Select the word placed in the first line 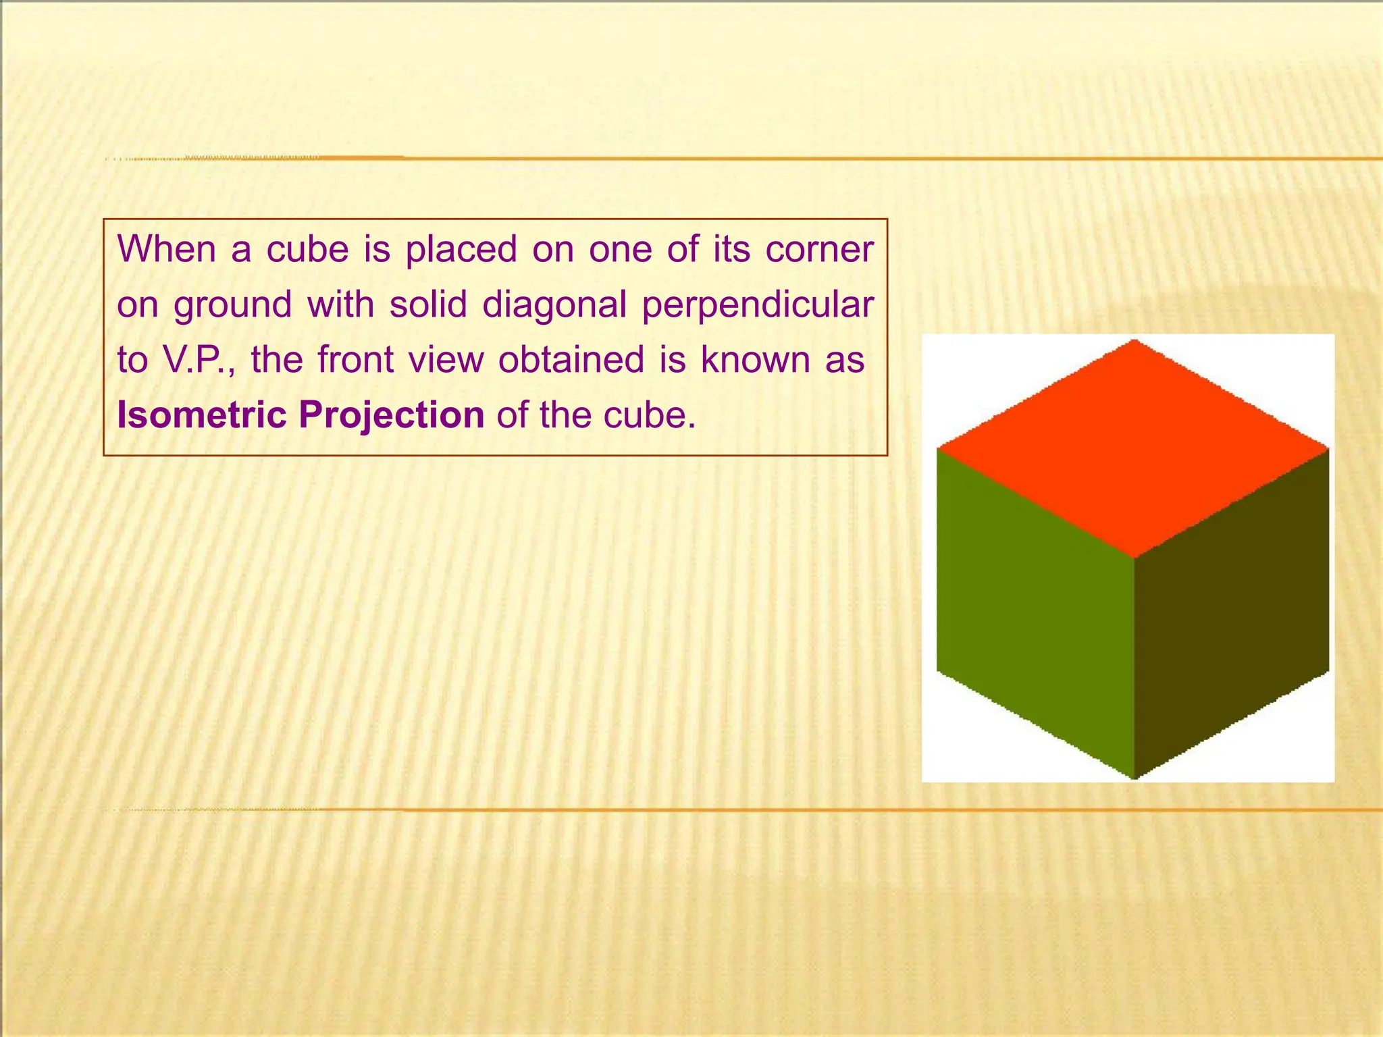pyautogui.click(x=461, y=250)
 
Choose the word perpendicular pyautogui.click(x=758, y=305)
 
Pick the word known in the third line pyautogui.click(x=755, y=360)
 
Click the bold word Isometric pyautogui.click(x=202, y=415)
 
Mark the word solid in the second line pyautogui.click(x=428, y=304)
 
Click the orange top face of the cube pyautogui.click(x=1133, y=449)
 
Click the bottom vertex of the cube pyautogui.click(x=1134, y=778)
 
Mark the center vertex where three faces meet pyautogui.click(x=1134, y=558)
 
